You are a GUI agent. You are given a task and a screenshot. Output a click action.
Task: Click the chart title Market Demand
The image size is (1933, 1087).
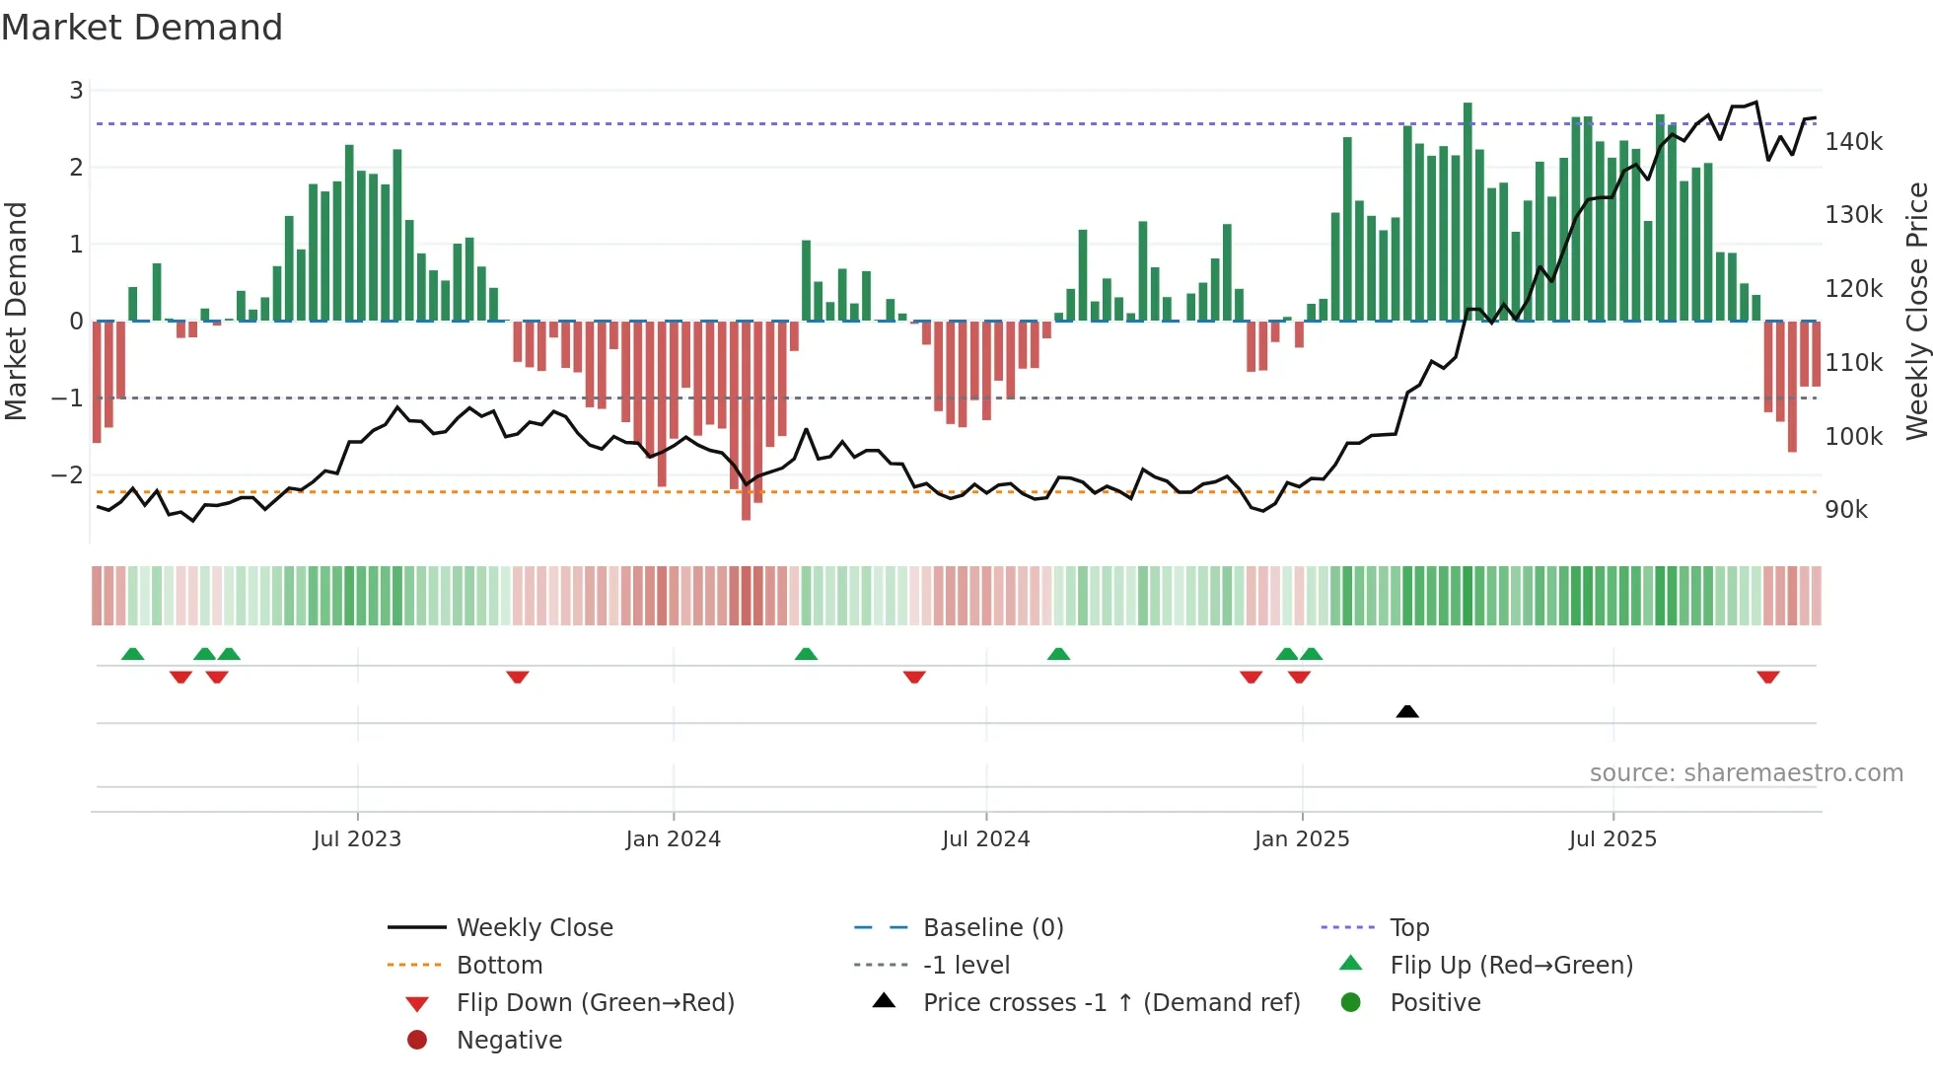pos(142,28)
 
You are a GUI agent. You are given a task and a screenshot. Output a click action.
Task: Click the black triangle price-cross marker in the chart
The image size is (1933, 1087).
pos(1407,711)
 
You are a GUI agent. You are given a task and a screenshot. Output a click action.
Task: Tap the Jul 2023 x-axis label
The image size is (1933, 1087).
pos(357,839)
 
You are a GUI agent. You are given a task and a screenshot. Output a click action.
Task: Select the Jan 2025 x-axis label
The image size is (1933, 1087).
pos(1302,839)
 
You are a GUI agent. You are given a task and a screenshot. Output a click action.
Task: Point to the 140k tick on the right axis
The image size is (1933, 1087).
pos(1853,142)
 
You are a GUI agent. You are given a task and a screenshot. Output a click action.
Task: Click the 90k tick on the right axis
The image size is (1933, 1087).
pos(1846,510)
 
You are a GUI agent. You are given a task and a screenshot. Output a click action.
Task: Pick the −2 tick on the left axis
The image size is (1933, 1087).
pos(68,475)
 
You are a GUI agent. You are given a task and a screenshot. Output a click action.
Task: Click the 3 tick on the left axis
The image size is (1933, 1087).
pos(76,91)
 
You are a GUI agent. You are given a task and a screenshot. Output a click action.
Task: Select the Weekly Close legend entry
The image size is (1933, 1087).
pos(534,928)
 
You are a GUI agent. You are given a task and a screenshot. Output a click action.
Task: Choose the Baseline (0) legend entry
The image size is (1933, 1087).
pos(992,928)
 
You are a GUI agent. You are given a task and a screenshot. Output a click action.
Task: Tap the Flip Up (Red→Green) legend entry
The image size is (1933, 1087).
pos(1511,966)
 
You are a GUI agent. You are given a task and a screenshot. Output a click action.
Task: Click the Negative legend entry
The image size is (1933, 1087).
pos(509,1041)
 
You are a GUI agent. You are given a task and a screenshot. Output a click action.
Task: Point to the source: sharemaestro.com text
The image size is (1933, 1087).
pos(1746,773)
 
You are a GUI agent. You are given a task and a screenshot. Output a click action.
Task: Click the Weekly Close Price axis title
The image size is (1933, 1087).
pos(1916,311)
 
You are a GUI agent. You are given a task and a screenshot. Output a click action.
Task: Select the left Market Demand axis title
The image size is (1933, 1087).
pos(16,311)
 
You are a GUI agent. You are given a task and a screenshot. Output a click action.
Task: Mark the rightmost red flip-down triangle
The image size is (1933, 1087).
pos(1767,677)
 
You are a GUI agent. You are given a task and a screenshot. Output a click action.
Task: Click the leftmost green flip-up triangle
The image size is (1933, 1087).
pos(132,654)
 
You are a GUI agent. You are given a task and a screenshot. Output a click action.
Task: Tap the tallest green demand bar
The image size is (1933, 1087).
pos(1468,212)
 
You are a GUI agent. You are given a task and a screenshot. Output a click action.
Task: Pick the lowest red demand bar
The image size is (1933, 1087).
pos(746,421)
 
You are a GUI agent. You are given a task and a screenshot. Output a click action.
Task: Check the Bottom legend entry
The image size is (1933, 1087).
pos(499,966)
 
